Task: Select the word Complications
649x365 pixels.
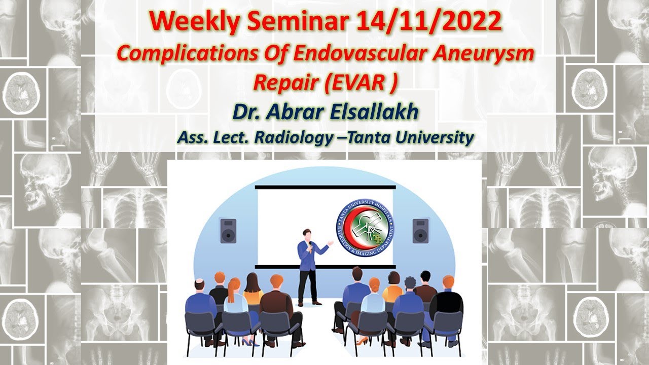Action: (179, 54)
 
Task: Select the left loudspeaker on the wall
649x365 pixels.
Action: (228, 231)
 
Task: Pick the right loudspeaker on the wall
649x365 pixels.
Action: (420, 231)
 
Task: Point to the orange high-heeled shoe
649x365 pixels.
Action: (362, 340)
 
